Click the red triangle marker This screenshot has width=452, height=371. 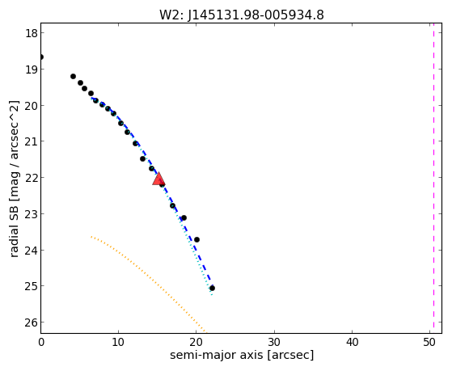coord(158,179)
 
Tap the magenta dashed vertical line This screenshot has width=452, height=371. coord(433,178)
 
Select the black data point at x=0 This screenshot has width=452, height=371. coord(41,57)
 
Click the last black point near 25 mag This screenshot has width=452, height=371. coord(212,288)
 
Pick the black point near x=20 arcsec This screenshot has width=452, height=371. coord(196,239)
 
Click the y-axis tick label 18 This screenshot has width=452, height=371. coord(32,33)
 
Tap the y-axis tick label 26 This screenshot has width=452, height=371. coord(32,323)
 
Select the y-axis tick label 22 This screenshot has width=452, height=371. coord(32,178)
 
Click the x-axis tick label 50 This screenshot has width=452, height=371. coord(429,342)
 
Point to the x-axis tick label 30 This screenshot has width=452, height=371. coord(274,342)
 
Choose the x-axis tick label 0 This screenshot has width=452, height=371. coord(41,342)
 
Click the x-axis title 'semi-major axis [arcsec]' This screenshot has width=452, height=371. coord(242,355)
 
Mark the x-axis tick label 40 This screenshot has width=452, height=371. coord(352,342)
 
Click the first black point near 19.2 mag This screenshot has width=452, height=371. coord(74,77)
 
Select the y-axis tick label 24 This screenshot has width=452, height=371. coord(32,251)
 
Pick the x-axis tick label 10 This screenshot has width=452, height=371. coord(118,342)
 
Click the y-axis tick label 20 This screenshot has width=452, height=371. coord(32,106)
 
